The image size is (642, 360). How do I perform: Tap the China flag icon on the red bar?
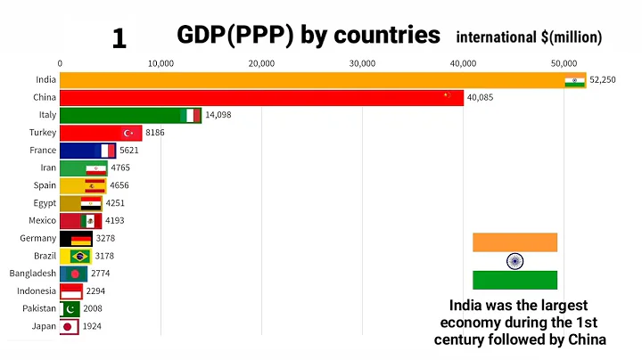point(448,96)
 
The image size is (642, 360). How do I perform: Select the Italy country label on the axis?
point(46,115)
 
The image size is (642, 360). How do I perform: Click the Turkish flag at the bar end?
point(128,133)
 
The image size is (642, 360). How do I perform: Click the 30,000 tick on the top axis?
point(362,63)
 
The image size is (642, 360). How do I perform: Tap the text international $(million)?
point(529,37)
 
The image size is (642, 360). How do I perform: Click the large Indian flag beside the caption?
point(514,261)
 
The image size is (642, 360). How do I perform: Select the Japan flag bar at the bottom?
point(69,327)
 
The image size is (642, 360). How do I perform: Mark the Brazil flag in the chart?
point(81,256)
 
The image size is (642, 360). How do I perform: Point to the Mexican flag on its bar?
point(90,221)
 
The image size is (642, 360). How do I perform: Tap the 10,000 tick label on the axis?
point(160,63)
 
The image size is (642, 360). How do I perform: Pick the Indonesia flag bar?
point(71,291)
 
